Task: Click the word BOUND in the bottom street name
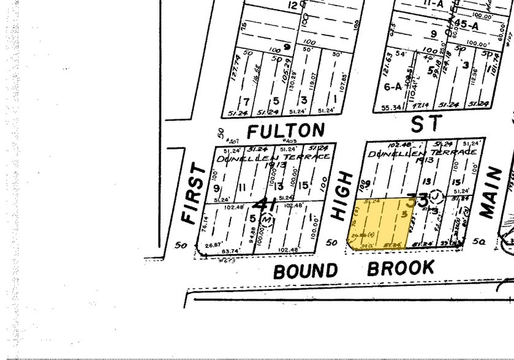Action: pos(305,271)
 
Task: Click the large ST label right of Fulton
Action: pos(426,123)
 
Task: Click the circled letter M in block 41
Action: pos(266,218)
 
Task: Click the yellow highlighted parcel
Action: pos(380,223)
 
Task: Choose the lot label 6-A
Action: pos(391,87)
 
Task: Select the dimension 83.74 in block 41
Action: pos(230,250)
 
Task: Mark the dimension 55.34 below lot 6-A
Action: pos(390,108)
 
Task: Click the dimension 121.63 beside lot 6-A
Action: pos(387,62)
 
